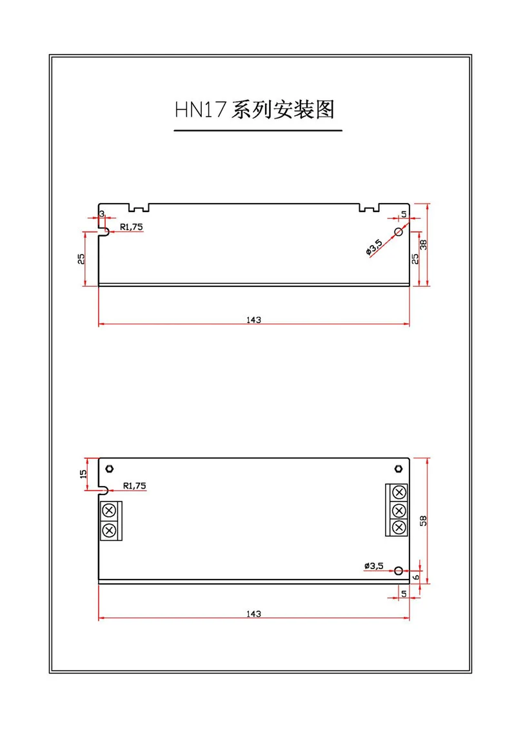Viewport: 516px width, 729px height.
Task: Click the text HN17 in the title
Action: coord(201,110)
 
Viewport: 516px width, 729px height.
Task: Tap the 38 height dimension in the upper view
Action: coord(423,244)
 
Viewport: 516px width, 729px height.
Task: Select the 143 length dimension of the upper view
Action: coord(253,320)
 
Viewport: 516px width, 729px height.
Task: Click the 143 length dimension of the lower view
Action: coord(253,614)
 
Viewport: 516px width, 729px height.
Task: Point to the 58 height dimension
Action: coord(423,521)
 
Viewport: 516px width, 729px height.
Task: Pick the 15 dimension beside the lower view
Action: coord(83,474)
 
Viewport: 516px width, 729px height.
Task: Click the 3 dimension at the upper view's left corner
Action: coord(102,214)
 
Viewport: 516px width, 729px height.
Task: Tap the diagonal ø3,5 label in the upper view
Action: coord(375,248)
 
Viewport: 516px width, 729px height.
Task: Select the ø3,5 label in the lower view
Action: coord(374,566)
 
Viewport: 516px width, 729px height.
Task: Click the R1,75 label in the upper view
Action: coord(131,227)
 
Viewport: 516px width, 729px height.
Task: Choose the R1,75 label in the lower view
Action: coord(134,486)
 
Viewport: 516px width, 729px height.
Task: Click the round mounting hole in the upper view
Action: coord(398,231)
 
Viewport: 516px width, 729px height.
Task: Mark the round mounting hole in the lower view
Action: coord(398,570)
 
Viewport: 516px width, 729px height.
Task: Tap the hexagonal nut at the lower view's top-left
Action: coord(110,469)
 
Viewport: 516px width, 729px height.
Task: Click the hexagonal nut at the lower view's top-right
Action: coord(398,469)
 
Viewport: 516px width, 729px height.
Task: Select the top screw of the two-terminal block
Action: coord(109,510)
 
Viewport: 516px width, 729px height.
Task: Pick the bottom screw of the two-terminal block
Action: coord(109,530)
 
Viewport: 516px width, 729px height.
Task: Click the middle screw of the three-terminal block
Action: coord(399,510)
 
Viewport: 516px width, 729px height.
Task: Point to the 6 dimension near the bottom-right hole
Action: coord(417,577)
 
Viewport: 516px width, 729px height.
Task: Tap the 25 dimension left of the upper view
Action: coord(81,259)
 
